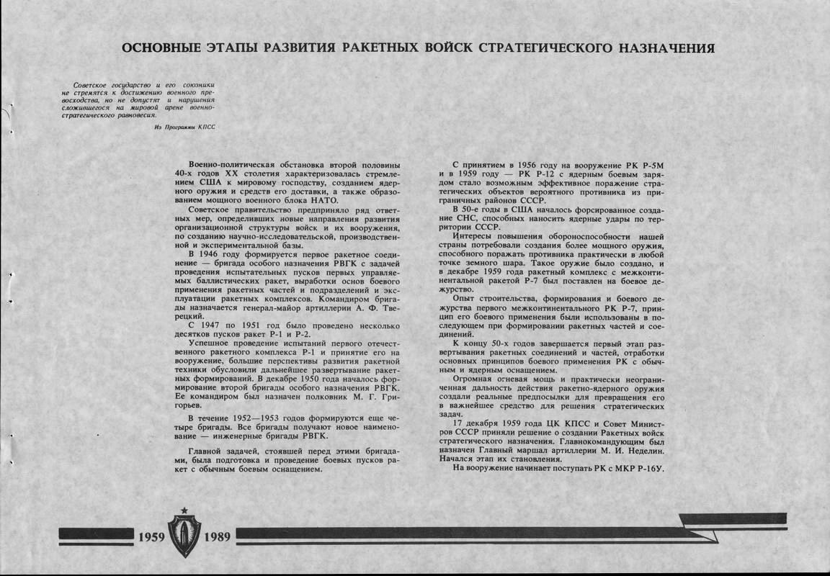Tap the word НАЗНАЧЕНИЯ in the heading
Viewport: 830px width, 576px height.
coord(663,48)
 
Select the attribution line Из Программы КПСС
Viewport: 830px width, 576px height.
coord(184,127)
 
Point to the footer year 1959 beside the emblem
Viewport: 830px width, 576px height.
coord(152,537)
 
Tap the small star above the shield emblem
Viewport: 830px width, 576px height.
coord(184,510)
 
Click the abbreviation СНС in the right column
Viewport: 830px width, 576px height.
coord(470,217)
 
